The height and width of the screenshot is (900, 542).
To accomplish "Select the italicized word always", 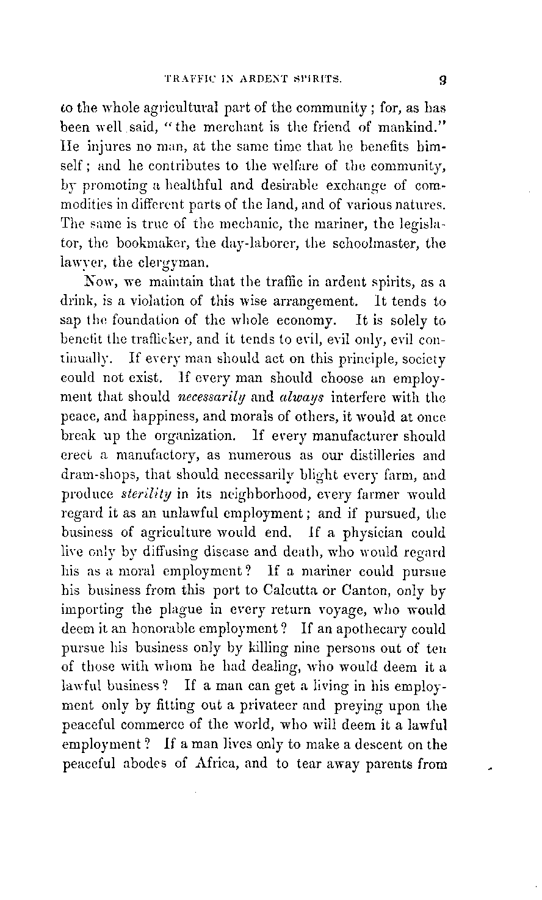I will tap(292, 398).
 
